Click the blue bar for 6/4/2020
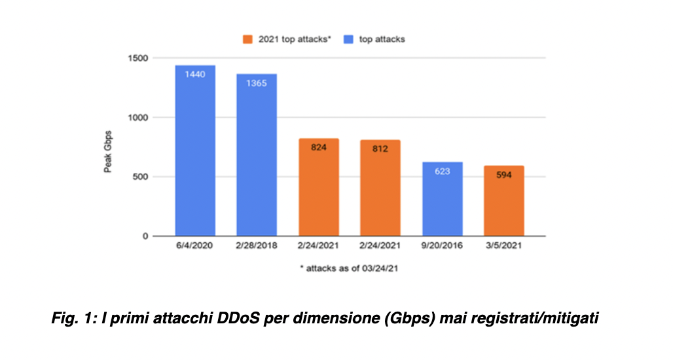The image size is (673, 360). [x=195, y=151]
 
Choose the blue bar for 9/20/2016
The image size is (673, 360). [x=442, y=199]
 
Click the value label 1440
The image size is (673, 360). [x=195, y=74]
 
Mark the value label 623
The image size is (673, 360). [x=442, y=171]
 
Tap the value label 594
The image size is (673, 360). [x=503, y=175]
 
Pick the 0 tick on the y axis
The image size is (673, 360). [x=145, y=236]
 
